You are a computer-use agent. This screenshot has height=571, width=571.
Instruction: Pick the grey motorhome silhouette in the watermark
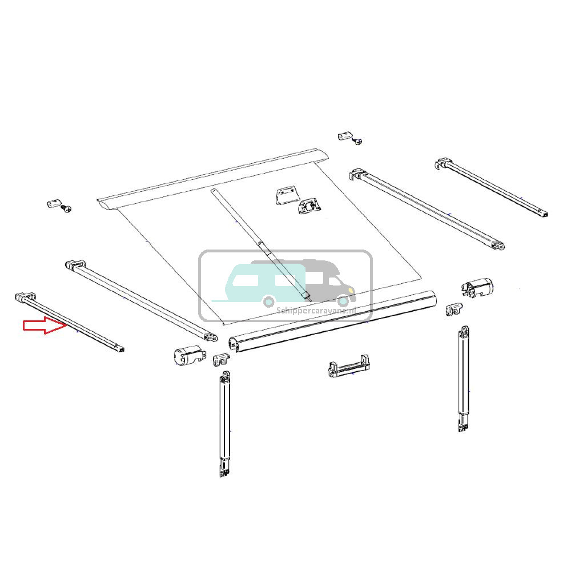[328, 280]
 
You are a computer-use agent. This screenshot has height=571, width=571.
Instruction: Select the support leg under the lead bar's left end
[224, 423]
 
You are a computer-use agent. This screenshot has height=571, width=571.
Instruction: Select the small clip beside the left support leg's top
[221, 360]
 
